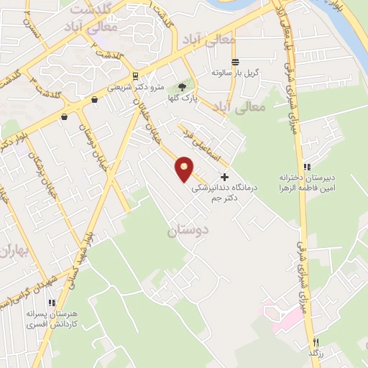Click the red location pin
click(185, 168)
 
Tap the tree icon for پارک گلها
click(182, 87)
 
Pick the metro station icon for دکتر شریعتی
click(135, 75)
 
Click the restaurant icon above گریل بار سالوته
click(236, 61)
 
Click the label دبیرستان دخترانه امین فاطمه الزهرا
click(308, 183)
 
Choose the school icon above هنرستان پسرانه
click(51, 303)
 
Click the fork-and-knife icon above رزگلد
click(315, 343)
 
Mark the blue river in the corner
click(351, 29)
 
